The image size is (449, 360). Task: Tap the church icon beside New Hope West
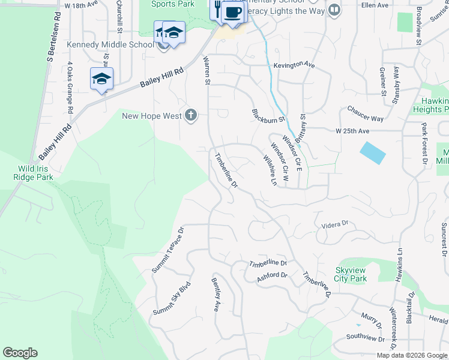pyautogui.click(x=191, y=116)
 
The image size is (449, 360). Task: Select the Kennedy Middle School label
pyautogui.click(x=110, y=44)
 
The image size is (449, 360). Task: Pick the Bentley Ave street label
pyautogui.click(x=215, y=294)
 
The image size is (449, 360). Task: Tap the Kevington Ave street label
pyautogui.click(x=294, y=65)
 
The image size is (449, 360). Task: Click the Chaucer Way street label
pyautogui.click(x=365, y=114)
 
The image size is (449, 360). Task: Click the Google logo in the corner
pyautogui.click(x=20, y=353)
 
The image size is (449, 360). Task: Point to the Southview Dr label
pyautogui.click(x=365, y=338)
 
